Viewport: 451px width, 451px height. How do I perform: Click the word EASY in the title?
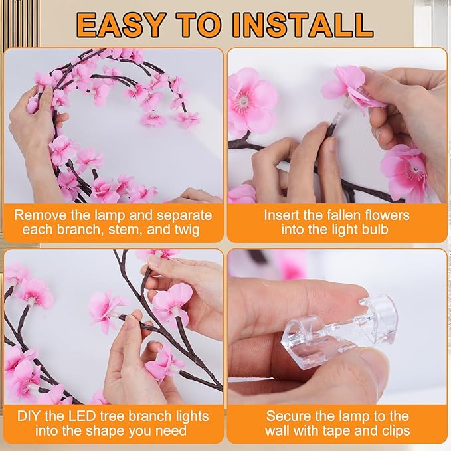[120, 25]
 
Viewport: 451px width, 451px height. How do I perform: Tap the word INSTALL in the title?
[303, 25]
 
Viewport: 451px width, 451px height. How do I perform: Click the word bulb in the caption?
[376, 230]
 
